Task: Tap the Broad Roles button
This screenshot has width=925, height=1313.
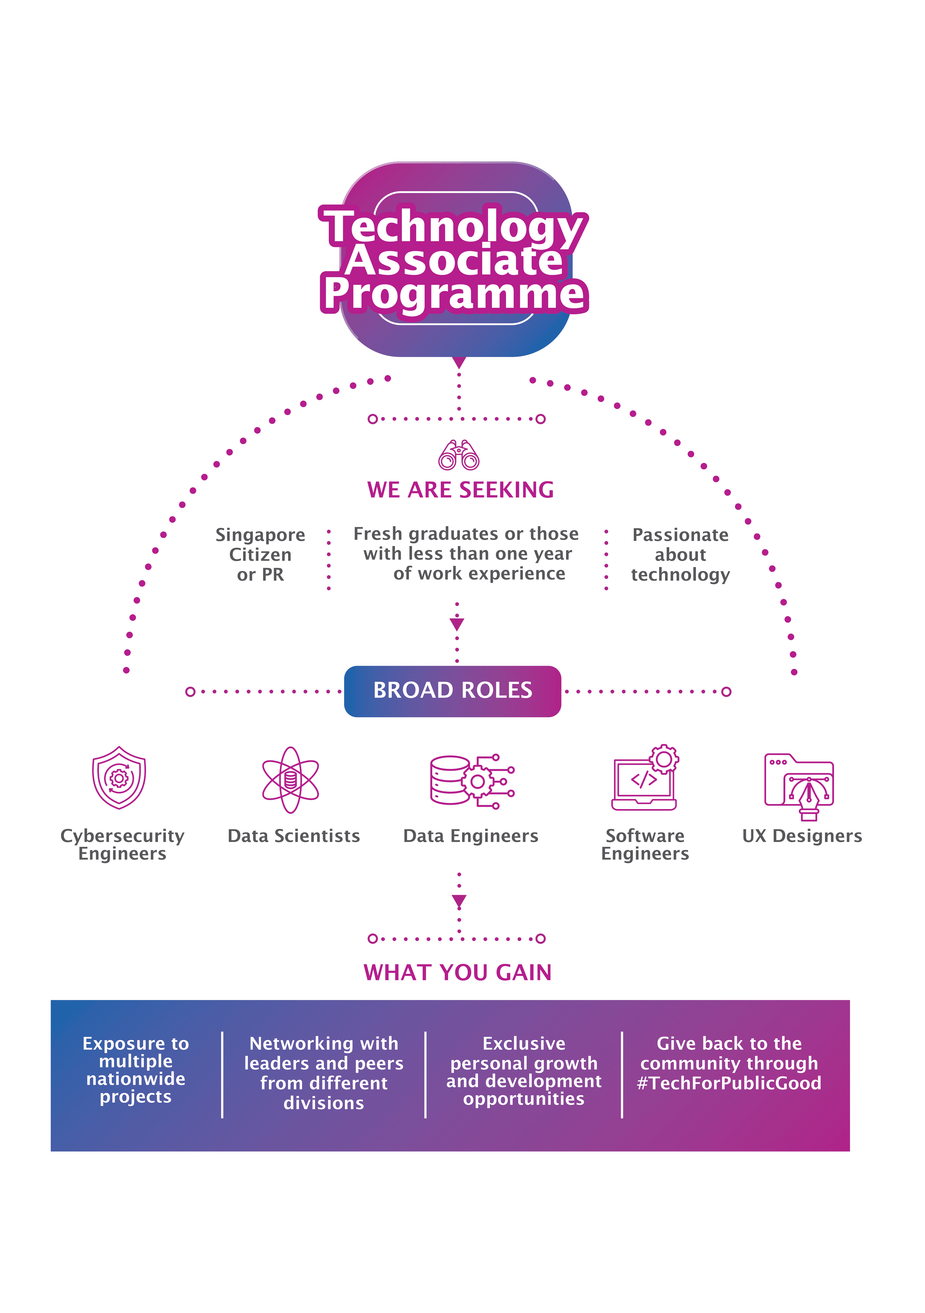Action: (452, 691)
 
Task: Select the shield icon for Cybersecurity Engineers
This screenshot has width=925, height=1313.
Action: (119, 778)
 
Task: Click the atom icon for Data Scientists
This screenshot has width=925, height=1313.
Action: (290, 779)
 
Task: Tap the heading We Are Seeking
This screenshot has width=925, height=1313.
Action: (460, 490)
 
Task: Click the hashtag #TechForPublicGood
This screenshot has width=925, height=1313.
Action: (729, 1083)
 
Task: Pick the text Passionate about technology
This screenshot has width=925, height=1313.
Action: (680, 555)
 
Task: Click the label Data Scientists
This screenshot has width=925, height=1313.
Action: (294, 836)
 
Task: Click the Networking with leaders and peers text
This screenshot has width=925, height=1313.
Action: (323, 1073)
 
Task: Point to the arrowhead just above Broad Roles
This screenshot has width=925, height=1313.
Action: (457, 624)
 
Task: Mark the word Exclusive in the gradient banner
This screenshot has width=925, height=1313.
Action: (524, 1044)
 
